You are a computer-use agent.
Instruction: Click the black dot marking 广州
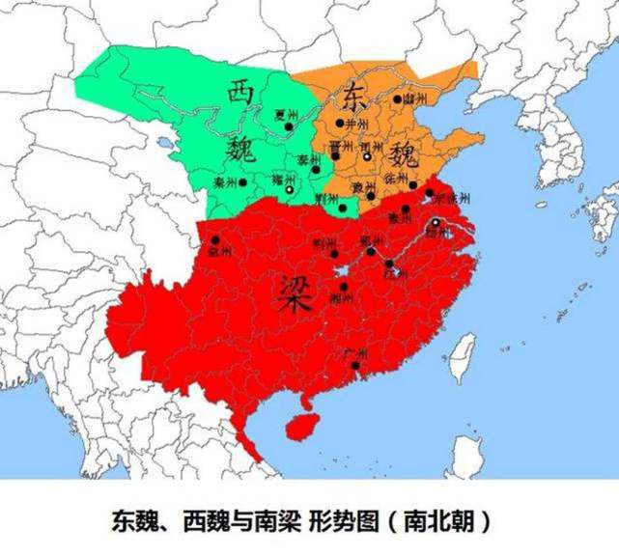[356, 366]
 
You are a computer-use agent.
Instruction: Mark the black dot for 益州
[214, 240]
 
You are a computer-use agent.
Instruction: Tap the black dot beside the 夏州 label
[289, 125]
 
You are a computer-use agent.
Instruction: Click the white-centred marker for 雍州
[290, 190]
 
